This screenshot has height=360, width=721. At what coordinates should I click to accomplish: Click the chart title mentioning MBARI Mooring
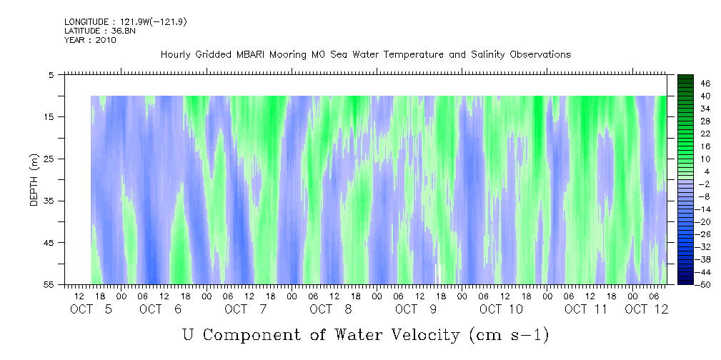(366, 55)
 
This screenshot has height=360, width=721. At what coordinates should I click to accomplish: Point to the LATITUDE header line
(94, 31)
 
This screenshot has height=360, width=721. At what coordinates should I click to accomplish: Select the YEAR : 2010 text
(90, 40)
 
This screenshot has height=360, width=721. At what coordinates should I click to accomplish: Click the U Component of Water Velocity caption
(365, 334)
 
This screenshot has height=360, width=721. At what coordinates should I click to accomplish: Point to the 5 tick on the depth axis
(51, 74)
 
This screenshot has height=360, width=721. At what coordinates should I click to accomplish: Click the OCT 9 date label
(416, 309)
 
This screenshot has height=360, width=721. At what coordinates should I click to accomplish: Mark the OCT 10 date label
(502, 309)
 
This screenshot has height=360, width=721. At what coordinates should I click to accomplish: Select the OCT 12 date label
(647, 309)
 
